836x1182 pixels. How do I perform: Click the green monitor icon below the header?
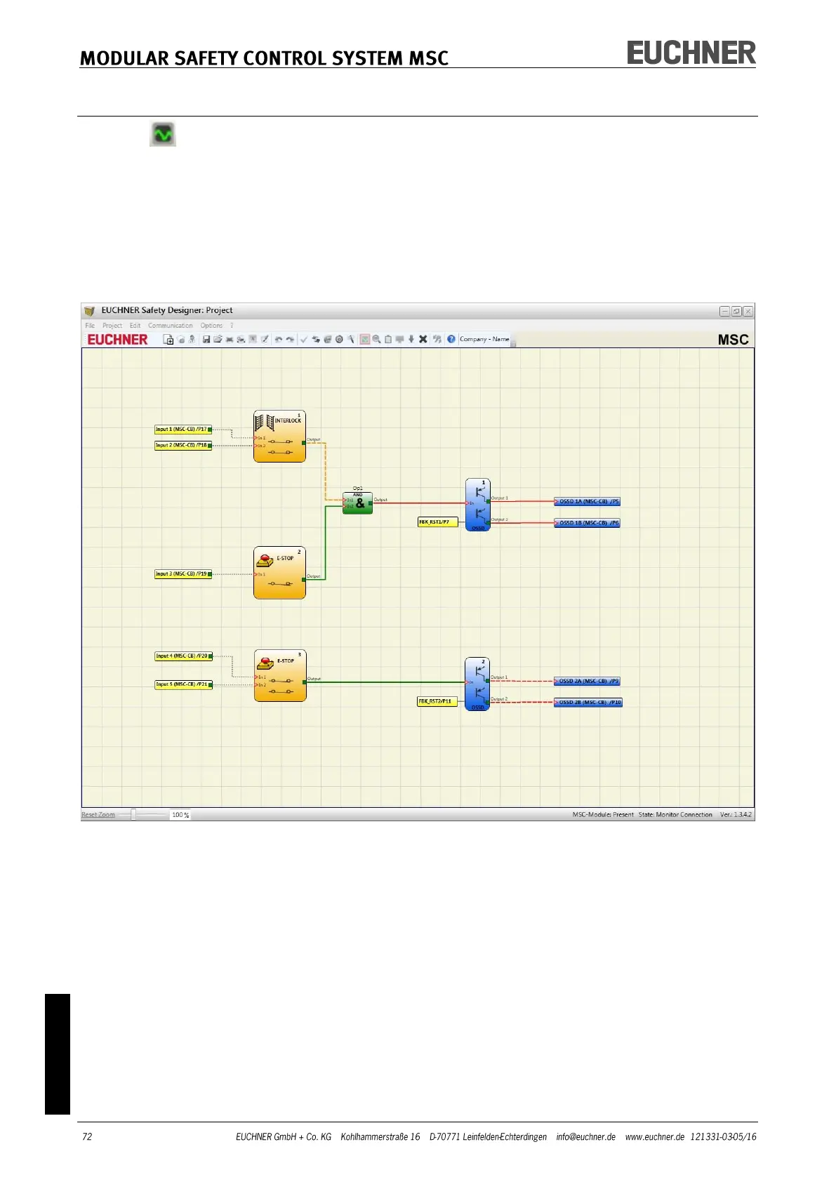[163, 134]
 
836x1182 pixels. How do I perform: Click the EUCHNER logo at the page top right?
[691, 53]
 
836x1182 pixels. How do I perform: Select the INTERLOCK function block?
[279, 437]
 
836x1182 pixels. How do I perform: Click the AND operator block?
[357, 503]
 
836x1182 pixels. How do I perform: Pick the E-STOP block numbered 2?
[279, 573]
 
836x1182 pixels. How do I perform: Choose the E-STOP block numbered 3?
[280, 675]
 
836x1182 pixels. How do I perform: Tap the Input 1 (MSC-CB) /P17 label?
[182, 430]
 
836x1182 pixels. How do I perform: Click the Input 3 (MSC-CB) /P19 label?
[182, 574]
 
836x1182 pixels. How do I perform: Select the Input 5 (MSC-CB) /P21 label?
[182, 684]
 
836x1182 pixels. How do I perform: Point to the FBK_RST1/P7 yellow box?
[437, 522]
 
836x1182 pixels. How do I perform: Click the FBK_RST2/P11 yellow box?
[437, 701]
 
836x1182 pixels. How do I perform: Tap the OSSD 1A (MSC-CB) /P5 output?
[588, 502]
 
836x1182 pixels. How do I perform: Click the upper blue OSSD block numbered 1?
[477, 505]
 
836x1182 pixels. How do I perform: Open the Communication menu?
[170, 326]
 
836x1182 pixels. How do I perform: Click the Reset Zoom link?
[98, 815]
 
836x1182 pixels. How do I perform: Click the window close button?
[748, 311]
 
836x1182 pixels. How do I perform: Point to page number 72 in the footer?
[87, 1137]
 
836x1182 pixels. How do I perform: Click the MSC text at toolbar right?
[733, 340]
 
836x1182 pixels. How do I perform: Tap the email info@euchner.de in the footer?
[585, 1137]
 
